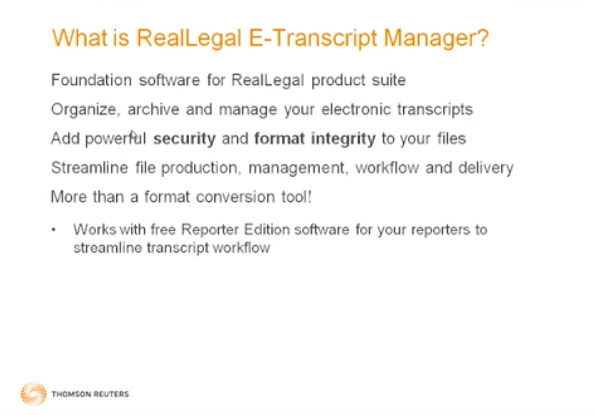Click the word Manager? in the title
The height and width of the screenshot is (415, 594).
point(436,38)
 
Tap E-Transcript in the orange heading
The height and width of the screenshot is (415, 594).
point(312,38)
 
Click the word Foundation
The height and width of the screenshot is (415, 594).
point(91,80)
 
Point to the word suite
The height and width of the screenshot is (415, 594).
point(389,80)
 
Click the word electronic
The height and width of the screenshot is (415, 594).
point(356,109)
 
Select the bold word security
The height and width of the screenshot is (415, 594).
point(185,139)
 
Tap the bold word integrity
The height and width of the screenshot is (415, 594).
point(344,139)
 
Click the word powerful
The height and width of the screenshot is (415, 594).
point(116,139)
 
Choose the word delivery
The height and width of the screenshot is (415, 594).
point(486,168)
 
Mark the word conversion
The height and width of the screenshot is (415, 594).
point(235,197)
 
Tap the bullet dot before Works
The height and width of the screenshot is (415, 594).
point(54,230)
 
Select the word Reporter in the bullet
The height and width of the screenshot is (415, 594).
point(210,230)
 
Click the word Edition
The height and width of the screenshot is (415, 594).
point(267,229)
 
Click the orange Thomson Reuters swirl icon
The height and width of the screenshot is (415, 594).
point(33,394)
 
